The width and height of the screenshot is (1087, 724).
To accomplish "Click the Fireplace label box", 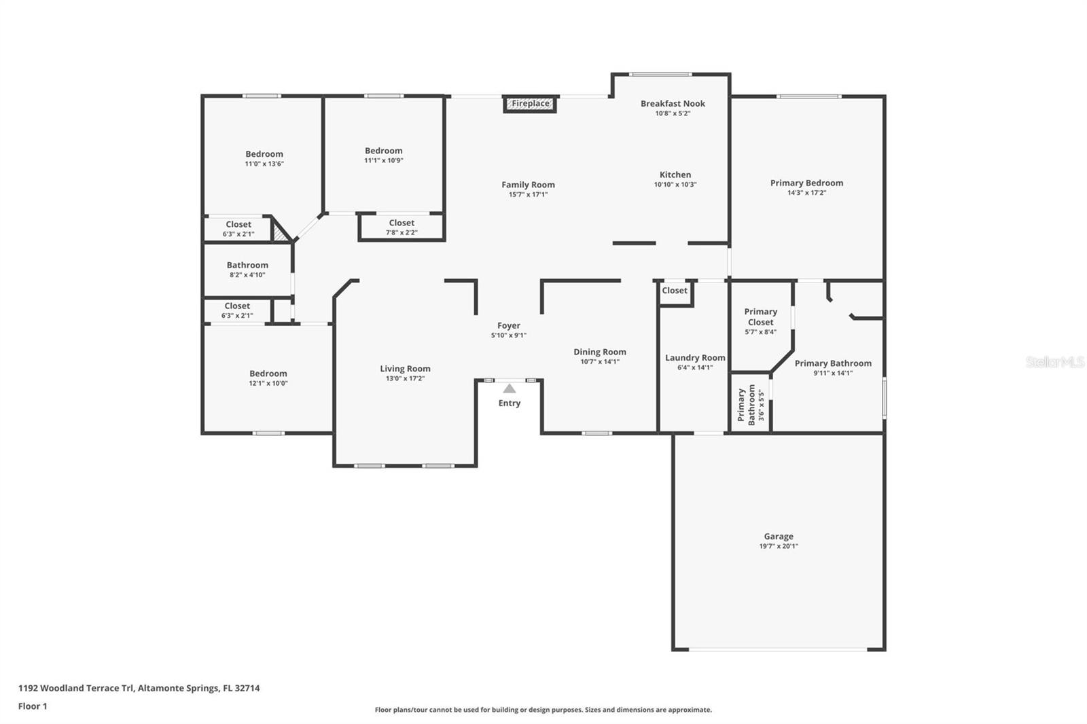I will (531, 104).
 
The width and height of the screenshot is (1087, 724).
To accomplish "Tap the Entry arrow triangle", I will (509, 388).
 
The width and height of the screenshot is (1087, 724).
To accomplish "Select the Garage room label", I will (778, 537).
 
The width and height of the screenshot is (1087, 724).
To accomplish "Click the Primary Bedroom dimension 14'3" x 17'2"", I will (806, 193).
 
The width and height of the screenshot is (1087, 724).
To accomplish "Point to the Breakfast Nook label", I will (673, 104).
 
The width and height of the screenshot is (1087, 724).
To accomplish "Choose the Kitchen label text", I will (675, 175).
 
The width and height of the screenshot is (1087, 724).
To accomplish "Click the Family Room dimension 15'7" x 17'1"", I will (528, 195).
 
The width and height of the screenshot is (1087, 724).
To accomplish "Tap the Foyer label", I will (508, 326).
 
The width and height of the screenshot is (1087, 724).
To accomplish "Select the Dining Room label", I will (599, 352).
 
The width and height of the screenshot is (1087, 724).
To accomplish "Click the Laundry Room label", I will (694, 358).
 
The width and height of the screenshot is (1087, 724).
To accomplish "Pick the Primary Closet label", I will (760, 317).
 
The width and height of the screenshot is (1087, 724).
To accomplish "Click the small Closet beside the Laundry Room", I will (675, 291).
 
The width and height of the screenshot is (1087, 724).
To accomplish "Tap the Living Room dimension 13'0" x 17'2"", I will (405, 379).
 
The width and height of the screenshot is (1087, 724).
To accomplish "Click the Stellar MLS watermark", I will (1054, 362).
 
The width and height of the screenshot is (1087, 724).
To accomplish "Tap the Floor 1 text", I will (33, 706).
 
